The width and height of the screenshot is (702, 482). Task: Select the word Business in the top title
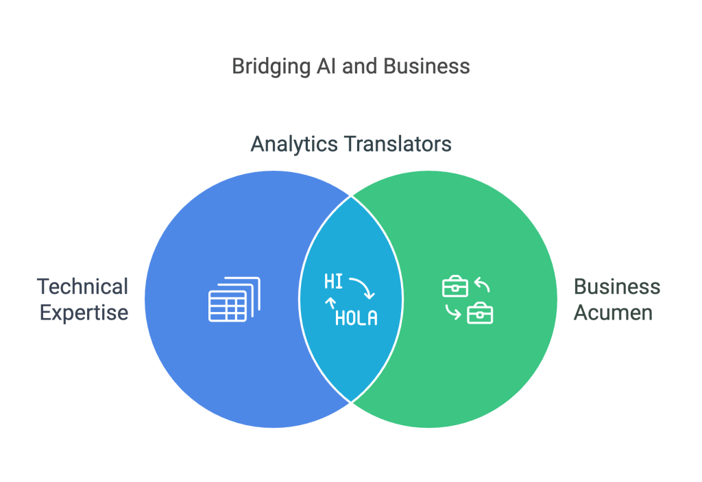pyautogui.click(x=426, y=67)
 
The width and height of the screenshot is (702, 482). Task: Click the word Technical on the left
pyautogui.click(x=82, y=287)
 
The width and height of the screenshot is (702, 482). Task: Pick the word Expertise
pyautogui.click(x=84, y=313)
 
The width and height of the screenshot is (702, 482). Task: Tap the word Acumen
pyautogui.click(x=613, y=313)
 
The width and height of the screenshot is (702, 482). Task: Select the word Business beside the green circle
pyautogui.click(x=617, y=287)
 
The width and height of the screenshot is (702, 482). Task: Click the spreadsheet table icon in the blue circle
pyautogui.click(x=234, y=300)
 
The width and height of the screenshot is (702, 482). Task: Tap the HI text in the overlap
pyautogui.click(x=333, y=282)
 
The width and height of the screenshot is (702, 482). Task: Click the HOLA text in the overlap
pyautogui.click(x=356, y=318)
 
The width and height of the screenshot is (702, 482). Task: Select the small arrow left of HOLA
pyautogui.click(x=330, y=304)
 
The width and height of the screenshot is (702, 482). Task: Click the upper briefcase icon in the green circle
pyautogui.click(x=455, y=286)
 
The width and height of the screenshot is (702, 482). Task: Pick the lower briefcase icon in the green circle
pyautogui.click(x=480, y=314)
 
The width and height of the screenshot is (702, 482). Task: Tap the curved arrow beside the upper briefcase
pyautogui.click(x=482, y=284)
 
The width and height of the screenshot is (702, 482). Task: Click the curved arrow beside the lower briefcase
pyautogui.click(x=452, y=312)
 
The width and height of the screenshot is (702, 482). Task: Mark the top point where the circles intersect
pyautogui.click(x=352, y=196)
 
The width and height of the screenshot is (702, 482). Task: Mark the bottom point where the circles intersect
pyautogui.click(x=352, y=402)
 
